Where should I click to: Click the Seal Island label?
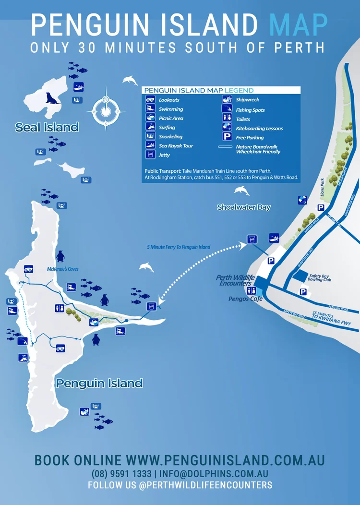click(x=47, y=127)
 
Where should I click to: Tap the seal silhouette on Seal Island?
click(x=52, y=98)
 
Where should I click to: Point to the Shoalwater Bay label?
click(x=243, y=207)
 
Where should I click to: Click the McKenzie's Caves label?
click(x=63, y=269)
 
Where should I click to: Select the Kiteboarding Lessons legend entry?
click(x=259, y=128)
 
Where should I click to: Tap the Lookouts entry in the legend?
click(x=169, y=100)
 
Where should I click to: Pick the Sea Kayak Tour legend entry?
click(x=176, y=145)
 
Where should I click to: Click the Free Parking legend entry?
click(x=250, y=137)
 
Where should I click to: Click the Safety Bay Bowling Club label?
click(x=322, y=278)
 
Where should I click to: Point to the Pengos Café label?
click(x=246, y=299)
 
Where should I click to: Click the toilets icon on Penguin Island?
click(x=60, y=309)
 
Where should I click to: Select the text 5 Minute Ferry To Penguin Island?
click(x=179, y=247)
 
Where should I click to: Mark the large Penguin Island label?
click(x=99, y=383)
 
